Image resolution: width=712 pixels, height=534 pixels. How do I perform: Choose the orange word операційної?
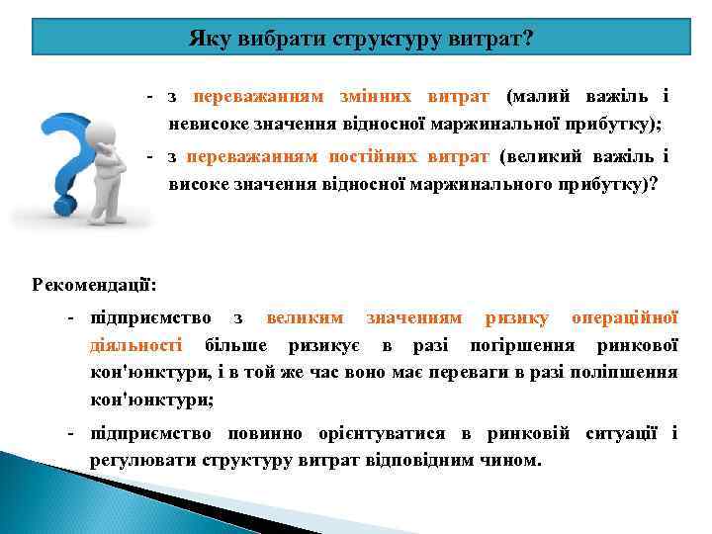coord(625,317)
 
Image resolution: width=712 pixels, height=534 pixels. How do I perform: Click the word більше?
coord(236,345)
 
